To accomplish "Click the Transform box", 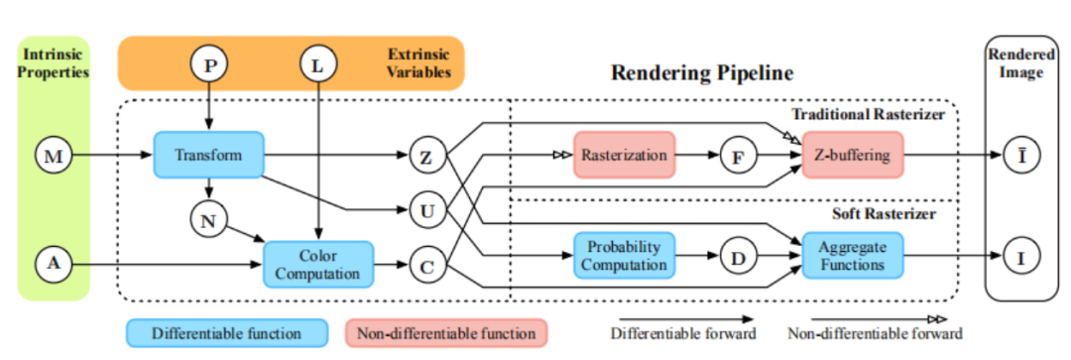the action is [x=209, y=155].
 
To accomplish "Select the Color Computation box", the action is [x=319, y=265].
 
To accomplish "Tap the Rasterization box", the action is [x=625, y=155].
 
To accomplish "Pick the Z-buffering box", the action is [x=853, y=155].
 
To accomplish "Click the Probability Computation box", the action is [x=625, y=256].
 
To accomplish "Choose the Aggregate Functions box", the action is [x=853, y=256].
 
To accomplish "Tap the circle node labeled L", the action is [x=318, y=65].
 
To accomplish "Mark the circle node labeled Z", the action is [x=427, y=155].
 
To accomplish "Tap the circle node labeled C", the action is [x=427, y=265].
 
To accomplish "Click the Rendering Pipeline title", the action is [x=702, y=73].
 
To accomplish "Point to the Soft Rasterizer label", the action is [x=884, y=214].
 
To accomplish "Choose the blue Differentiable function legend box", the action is [x=226, y=333].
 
